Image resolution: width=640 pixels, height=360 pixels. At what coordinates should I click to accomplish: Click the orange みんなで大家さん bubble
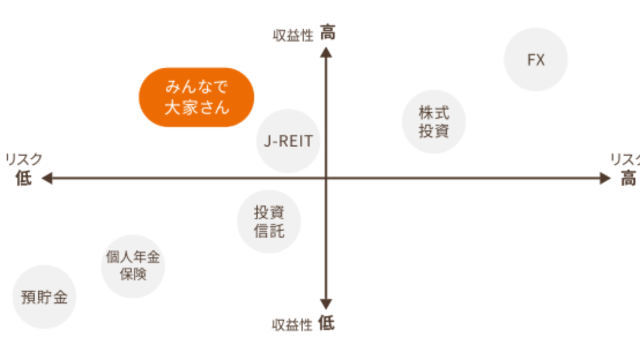click(196, 97)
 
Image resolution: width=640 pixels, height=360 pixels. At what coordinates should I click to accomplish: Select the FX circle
click(535, 59)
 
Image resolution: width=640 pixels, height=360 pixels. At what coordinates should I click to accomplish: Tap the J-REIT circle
click(288, 141)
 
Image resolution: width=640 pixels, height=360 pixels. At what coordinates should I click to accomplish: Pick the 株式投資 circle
click(433, 121)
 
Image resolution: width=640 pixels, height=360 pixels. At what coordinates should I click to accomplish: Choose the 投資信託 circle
click(269, 221)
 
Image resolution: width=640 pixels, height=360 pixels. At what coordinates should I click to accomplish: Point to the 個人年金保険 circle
click(132, 266)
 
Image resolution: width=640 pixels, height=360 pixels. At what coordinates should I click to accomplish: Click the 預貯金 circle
click(44, 296)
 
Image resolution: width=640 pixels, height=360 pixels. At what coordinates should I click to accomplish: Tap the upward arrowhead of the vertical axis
click(326, 52)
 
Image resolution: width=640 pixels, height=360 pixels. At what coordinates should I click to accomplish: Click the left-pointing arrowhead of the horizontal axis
click(47, 178)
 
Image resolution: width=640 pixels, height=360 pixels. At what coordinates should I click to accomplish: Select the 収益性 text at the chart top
click(292, 36)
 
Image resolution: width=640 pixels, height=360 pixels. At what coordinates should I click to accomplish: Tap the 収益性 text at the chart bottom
click(292, 325)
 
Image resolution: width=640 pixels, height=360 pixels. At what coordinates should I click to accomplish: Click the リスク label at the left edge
click(23, 160)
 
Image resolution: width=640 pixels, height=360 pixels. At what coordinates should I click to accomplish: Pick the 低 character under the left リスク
click(23, 178)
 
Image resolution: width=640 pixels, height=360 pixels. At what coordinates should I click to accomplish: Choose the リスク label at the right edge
click(625, 160)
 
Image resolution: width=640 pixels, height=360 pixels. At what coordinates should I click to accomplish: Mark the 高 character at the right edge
click(628, 178)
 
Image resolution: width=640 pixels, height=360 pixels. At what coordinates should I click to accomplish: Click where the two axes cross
click(326, 178)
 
